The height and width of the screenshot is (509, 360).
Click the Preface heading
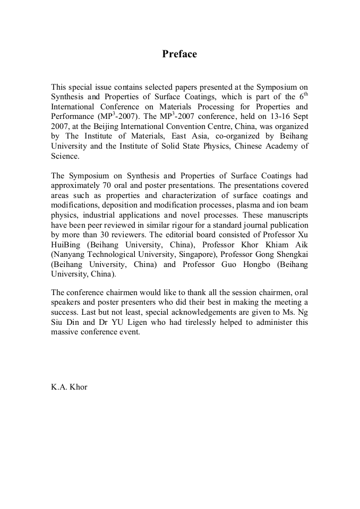(x=179, y=54)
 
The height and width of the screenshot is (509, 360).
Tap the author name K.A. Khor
(x=69, y=386)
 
